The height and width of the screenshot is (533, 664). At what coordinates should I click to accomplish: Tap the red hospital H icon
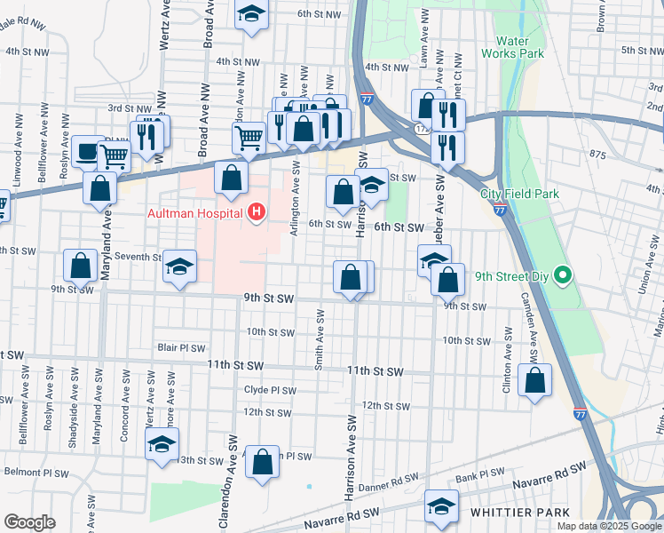pos(257,212)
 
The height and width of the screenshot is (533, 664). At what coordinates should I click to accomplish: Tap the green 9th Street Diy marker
pos(561,275)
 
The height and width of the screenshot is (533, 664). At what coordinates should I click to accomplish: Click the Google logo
pos(29,522)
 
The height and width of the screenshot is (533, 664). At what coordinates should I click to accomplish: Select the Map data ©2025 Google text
pos(608,526)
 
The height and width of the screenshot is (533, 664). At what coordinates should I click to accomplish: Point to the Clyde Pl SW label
pos(270,390)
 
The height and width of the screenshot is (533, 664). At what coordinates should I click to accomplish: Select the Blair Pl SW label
pos(181,348)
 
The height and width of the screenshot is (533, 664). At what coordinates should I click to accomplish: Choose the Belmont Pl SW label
pos(35,471)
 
